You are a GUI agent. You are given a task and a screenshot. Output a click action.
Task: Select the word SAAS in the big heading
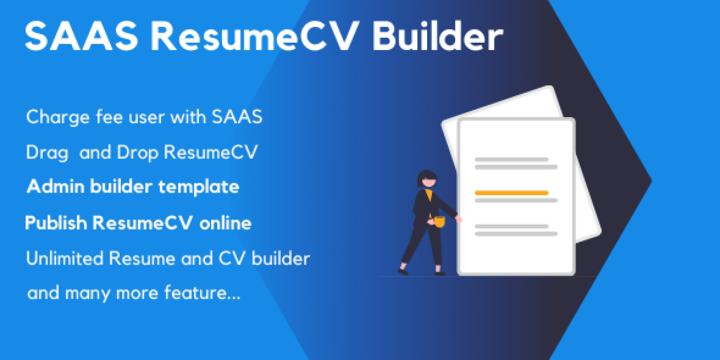click(x=81, y=36)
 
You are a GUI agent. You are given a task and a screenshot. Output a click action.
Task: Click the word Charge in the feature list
click(x=58, y=117)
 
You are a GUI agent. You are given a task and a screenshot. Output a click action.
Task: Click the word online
click(x=225, y=223)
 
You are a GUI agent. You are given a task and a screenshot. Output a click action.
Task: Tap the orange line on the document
click(x=511, y=193)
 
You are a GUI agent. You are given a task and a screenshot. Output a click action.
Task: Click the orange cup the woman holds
click(x=438, y=221)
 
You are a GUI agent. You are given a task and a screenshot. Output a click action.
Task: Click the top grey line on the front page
click(x=511, y=159)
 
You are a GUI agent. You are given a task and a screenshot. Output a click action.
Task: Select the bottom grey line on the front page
click(x=516, y=234)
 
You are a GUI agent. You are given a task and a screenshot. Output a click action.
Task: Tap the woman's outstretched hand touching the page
click(x=459, y=219)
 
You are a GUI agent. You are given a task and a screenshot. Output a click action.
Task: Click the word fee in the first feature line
click(x=109, y=117)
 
